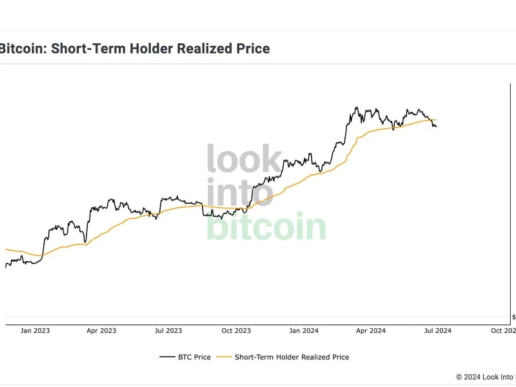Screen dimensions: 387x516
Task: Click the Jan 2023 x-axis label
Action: tap(35, 331)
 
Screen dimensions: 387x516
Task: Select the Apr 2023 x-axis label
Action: tap(101, 331)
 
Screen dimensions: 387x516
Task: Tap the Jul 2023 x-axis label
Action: tap(169, 331)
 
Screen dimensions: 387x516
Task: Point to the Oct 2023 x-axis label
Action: tap(236, 331)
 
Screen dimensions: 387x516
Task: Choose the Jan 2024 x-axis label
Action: tap(303, 331)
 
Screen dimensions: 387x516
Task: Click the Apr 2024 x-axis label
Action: tap(371, 331)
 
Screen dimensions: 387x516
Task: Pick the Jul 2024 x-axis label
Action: tap(438, 331)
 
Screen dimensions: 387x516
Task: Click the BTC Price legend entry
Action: tap(193, 357)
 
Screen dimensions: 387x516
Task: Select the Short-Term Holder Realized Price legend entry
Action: tap(292, 357)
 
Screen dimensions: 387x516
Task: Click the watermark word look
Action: tap(244, 159)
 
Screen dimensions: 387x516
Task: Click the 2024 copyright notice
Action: tap(484, 377)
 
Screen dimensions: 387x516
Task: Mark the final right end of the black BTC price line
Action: tap(436, 126)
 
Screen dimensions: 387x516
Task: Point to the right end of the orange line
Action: tap(437, 120)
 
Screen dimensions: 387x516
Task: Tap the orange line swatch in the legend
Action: tap(223, 357)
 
